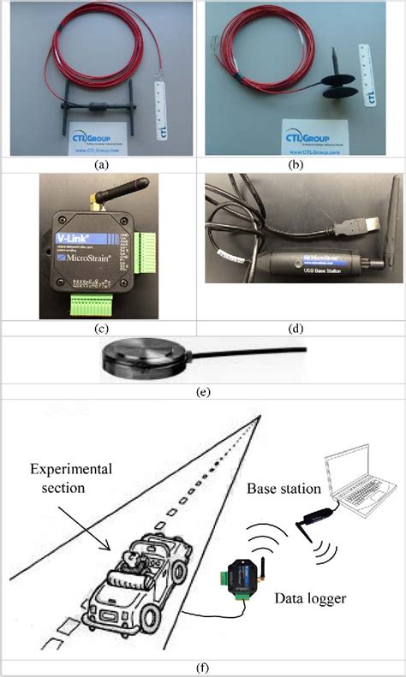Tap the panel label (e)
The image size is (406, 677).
[x=202, y=393]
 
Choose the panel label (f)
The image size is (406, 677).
[x=202, y=668]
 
